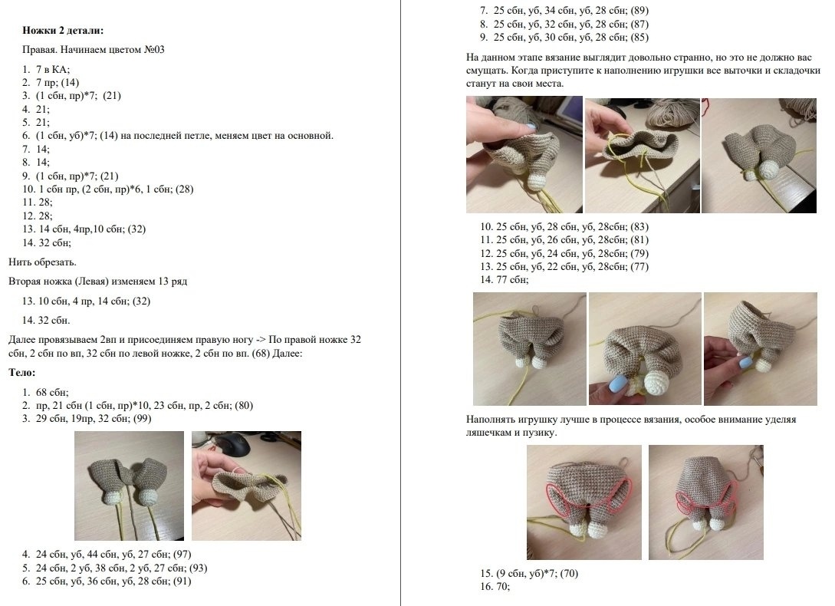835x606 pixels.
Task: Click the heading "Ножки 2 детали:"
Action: point(63,31)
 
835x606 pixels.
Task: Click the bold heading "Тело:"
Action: point(21,373)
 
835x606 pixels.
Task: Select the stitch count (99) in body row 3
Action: point(140,418)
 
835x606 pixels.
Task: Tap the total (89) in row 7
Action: point(639,10)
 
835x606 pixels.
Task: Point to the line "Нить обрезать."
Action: point(42,262)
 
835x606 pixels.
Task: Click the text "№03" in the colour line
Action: point(154,50)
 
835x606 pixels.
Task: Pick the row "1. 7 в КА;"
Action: point(46,69)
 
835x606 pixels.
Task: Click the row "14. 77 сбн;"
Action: point(505,280)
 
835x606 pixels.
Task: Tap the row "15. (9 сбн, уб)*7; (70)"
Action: point(529,574)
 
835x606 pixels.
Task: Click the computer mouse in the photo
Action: point(234,444)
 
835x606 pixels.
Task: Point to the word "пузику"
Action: point(538,432)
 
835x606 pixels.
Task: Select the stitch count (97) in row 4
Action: point(182,555)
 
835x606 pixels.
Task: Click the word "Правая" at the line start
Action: point(38,50)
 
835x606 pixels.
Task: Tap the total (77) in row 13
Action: point(639,266)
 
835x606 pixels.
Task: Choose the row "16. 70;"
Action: point(495,587)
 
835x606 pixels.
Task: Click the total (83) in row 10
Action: point(639,226)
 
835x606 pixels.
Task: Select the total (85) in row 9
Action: point(639,38)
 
